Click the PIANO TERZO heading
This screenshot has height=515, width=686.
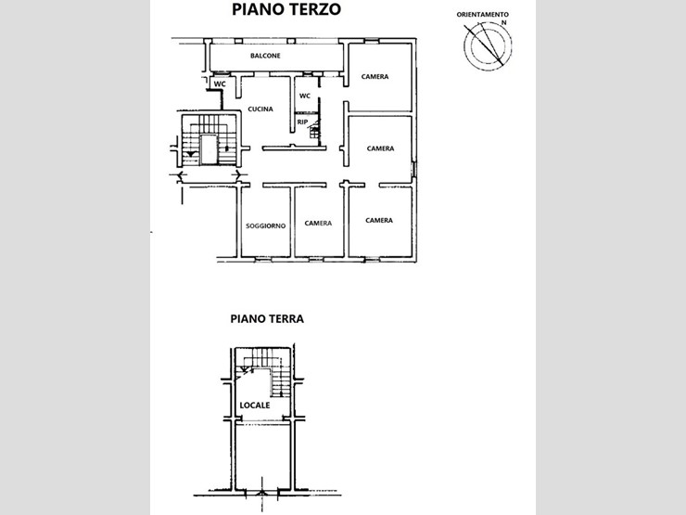click(x=286, y=9)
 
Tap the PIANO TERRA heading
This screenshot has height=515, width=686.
click(x=267, y=318)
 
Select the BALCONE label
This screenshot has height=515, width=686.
click(x=265, y=56)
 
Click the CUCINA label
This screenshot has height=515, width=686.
click(x=260, y=109)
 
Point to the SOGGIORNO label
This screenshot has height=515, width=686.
click(x=265, y=226)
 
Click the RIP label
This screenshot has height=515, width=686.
click(x=302, y=122)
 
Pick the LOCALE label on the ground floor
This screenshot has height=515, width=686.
click(x=255, y=406)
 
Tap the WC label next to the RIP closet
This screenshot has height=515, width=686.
click(x=305, y=96)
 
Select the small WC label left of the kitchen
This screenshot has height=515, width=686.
click(x=220, y=84)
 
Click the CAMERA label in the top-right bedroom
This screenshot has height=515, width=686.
click(x=375, y=77)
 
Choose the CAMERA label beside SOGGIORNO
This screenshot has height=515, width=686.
click(x=318, y=224)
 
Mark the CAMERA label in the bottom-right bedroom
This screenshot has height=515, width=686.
click(x=379, y=220)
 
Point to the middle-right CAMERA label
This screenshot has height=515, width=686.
click(x=380, y=148)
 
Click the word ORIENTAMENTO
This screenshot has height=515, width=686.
click(x=483, y=15)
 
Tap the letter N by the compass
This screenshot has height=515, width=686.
click(x=504, y=22)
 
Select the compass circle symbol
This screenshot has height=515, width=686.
click(x=488, y=45)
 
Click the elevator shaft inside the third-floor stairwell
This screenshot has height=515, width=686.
click(x=209, y=149)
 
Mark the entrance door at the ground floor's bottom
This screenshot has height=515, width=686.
click(x=262, y=493)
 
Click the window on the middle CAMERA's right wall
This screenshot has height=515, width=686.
click(x=413, y=170)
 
